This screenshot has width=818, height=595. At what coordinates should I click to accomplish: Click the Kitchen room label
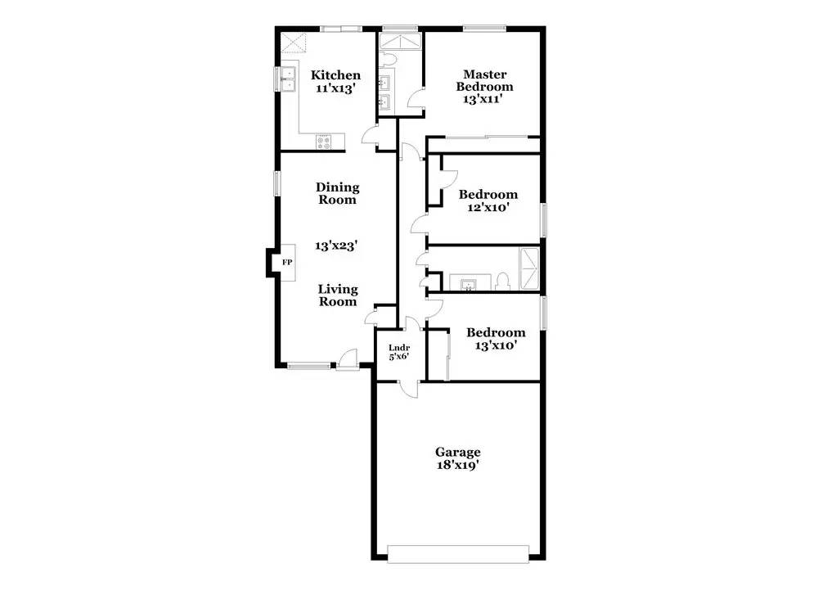tap(335, 75)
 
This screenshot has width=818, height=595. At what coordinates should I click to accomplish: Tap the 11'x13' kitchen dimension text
tap(335, 88)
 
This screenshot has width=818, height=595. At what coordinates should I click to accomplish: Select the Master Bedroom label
tap(484, 80)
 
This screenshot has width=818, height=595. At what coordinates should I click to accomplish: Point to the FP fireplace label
tap(287, 262)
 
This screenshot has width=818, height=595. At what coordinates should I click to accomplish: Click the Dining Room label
tap(338, 193)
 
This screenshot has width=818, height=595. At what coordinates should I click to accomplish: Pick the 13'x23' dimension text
tap(336, 246)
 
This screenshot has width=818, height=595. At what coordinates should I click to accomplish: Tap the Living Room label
tap(338, 295)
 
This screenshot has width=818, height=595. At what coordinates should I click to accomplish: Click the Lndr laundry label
tap(399, 348)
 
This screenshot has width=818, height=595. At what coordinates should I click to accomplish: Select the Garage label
tap(458, 452)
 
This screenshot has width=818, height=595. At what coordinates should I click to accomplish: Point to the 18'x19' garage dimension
tap(458, 465)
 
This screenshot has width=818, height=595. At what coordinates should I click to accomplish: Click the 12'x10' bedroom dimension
tap(488, 207)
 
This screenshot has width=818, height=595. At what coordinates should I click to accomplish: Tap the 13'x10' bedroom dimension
tap(496, 345)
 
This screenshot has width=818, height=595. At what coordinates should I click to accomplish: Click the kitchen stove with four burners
tap(323, 142)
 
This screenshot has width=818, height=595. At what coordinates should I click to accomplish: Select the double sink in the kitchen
tap(288, 79)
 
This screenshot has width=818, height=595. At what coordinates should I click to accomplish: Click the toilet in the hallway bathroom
tap(502, 282)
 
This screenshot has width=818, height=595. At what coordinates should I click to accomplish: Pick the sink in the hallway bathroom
tap(468, 285)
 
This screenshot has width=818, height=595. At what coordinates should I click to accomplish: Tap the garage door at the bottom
tap(458, 554)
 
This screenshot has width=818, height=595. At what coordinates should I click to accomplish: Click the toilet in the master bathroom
tap(388, 60)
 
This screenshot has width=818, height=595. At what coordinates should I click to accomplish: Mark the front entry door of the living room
tap(347, 359)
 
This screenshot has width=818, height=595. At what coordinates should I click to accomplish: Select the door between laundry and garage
tap(408, 389)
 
